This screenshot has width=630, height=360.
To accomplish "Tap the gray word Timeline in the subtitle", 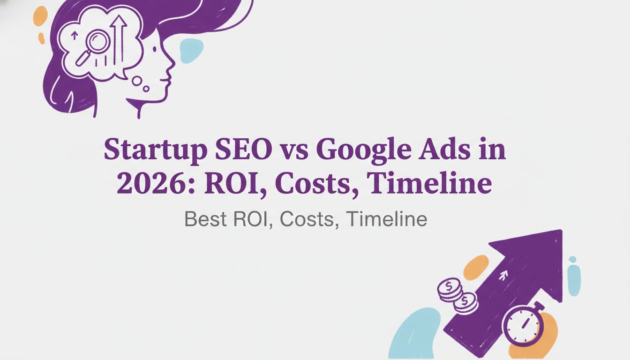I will [387, 219].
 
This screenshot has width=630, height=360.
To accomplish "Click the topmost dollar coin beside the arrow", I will [450, 287].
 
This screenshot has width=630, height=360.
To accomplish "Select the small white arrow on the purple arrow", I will [504, 276].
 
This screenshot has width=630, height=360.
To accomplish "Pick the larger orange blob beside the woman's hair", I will [40, 16].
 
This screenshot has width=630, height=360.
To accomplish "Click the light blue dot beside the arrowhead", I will [572, 259].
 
